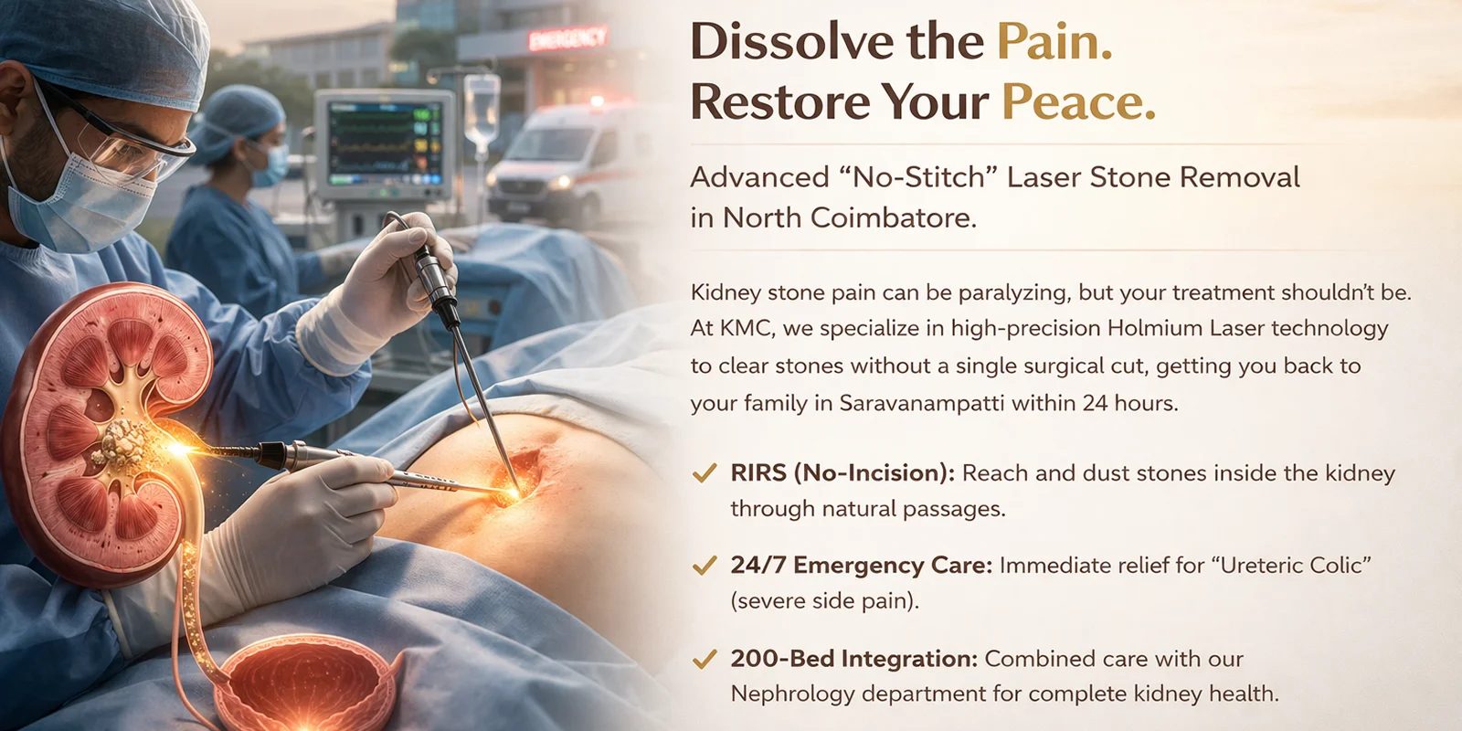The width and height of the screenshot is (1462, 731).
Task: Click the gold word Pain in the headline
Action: coord(1054,42)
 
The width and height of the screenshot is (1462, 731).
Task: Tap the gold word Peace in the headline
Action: coord(1078,101)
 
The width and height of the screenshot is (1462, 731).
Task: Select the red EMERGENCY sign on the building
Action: coord(567,39)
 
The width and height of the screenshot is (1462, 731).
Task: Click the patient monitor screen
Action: coord(385,143)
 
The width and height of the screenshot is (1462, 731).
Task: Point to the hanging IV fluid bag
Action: coord(482,109)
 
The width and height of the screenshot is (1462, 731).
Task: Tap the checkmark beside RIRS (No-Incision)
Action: coord(705,472)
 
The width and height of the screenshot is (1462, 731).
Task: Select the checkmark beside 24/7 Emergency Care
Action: coord(705,566)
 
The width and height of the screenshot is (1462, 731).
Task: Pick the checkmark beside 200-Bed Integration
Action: coord(705,659)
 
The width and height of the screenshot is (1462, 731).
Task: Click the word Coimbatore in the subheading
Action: coord(894,217)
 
